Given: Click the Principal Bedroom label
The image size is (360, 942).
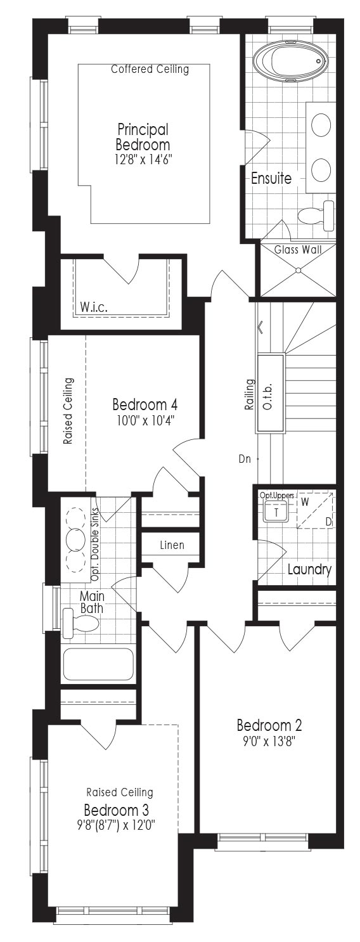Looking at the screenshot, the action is [x=143, y=137].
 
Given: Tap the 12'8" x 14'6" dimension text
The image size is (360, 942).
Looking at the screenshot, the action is [x=143, y=160].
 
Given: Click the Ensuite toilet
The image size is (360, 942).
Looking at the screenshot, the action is [x=316, y=216].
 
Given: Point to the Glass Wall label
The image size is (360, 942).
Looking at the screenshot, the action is [x=298, y=249].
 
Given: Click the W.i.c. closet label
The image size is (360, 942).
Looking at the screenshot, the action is [x=94, y=307].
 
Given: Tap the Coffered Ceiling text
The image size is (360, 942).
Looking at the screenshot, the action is [x=150, y=69].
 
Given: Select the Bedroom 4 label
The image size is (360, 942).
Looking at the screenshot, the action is [x=145, y=404].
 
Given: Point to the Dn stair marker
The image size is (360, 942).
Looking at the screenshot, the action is [x=245, y=459].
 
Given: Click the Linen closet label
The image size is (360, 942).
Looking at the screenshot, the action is [x=172, y=545].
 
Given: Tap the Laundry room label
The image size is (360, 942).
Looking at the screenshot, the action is [x=309, y=570].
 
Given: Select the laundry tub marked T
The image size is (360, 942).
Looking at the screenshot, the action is [x=276, y=512].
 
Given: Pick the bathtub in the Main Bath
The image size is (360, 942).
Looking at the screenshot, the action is [x=98, y=664].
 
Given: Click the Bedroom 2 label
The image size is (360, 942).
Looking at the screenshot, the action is [x=269, y=725].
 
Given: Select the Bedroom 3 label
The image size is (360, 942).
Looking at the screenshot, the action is [x=117, y=810].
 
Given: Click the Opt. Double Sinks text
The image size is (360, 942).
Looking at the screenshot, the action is [x=94, y=545].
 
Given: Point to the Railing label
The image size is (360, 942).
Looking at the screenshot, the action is [x=250, y=394].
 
